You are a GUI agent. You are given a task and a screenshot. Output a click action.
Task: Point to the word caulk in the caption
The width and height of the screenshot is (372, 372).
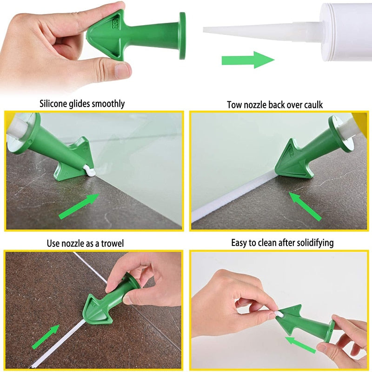click(313, 105)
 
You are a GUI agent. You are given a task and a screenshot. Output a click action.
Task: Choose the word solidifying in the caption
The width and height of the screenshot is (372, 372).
click(313, 243)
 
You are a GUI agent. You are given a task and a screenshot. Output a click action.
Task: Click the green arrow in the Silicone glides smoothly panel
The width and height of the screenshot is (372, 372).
click(79, 206)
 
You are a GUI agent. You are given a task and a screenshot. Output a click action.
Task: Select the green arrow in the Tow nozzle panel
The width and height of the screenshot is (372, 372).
click(306, 206)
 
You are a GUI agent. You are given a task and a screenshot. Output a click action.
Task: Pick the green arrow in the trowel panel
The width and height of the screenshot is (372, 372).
click(45, 337)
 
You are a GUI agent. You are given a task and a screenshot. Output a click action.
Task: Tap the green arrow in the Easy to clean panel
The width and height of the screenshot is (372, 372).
click(301, 343)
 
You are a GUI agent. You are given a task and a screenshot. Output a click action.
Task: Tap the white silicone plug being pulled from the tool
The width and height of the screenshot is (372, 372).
click(281, 314)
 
